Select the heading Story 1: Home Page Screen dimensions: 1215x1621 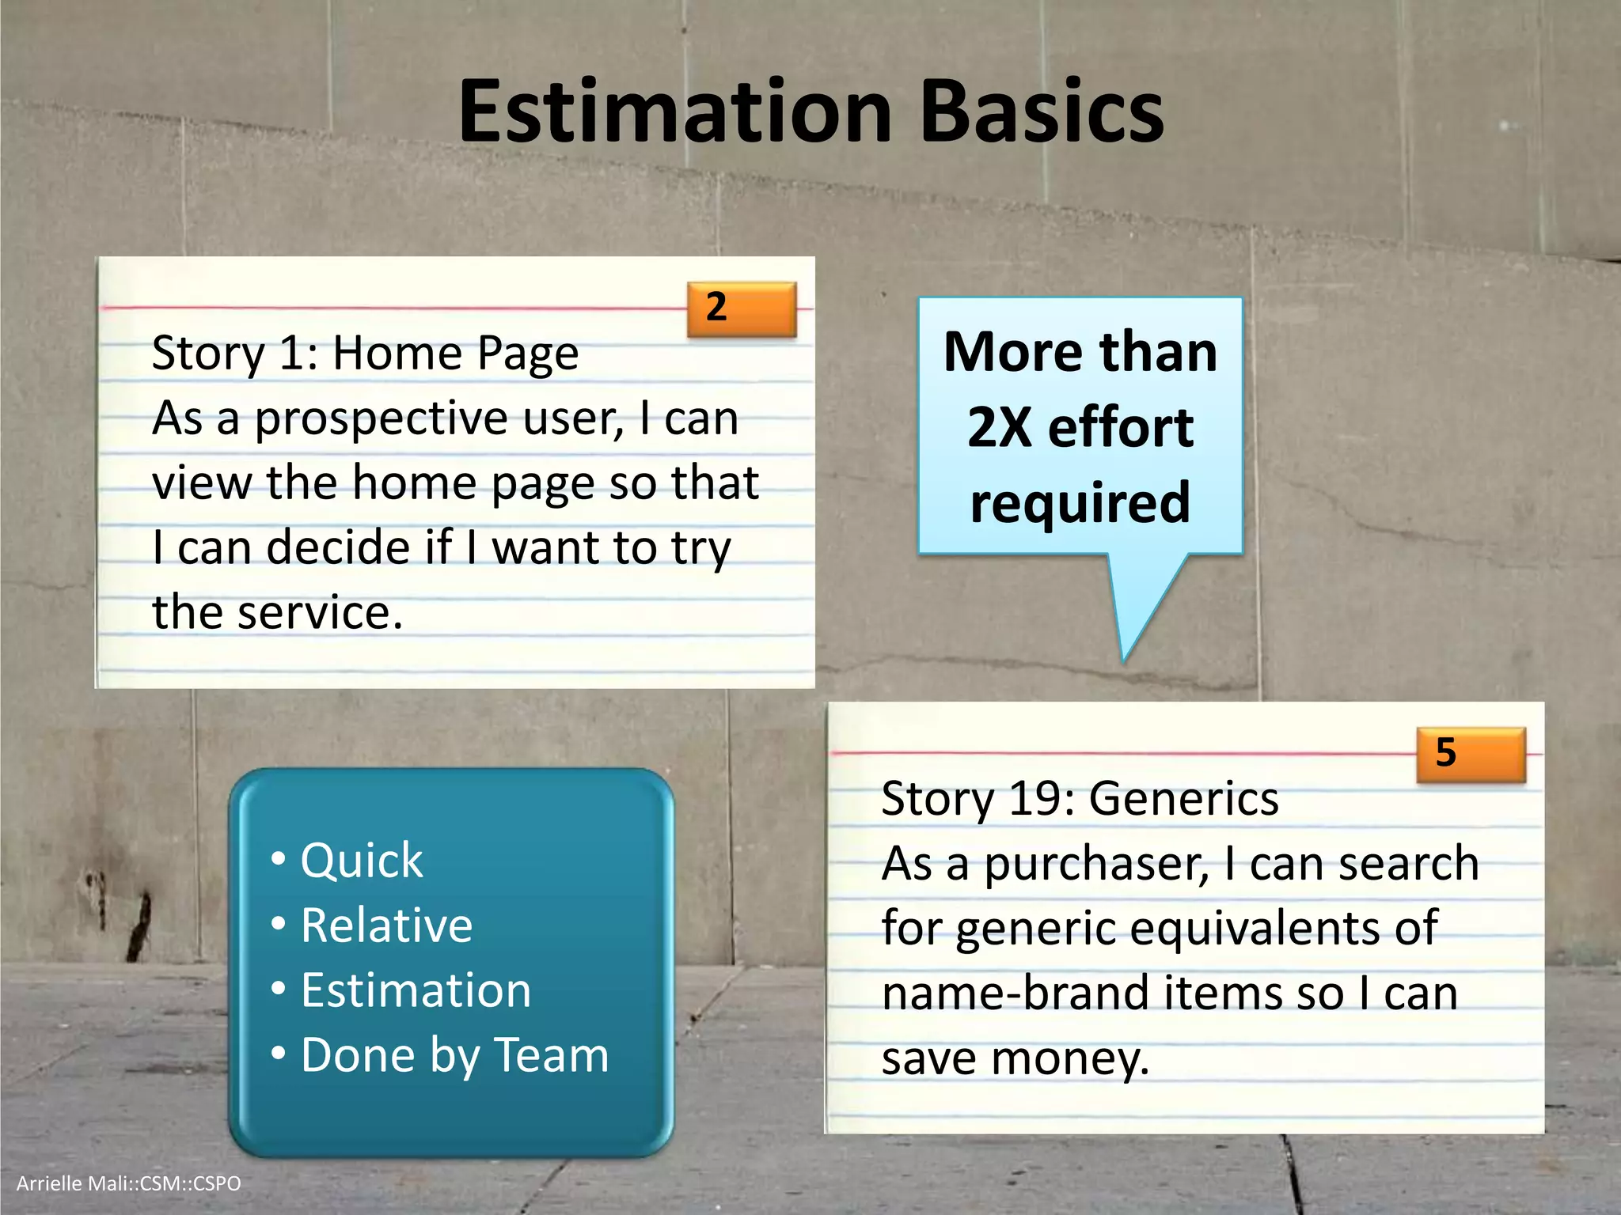365,354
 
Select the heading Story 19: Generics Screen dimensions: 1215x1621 1080,799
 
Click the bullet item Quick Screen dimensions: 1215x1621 362,861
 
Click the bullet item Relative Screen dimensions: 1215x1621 386,925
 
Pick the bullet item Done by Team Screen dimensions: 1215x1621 454,1055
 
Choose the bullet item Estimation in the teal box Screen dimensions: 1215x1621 416,990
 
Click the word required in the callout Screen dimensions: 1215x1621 1080,503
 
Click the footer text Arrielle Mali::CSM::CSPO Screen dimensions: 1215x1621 128,1183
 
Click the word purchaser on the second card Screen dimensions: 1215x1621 1096,864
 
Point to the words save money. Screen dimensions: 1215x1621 1015,1058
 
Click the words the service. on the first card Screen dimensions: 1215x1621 277,613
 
